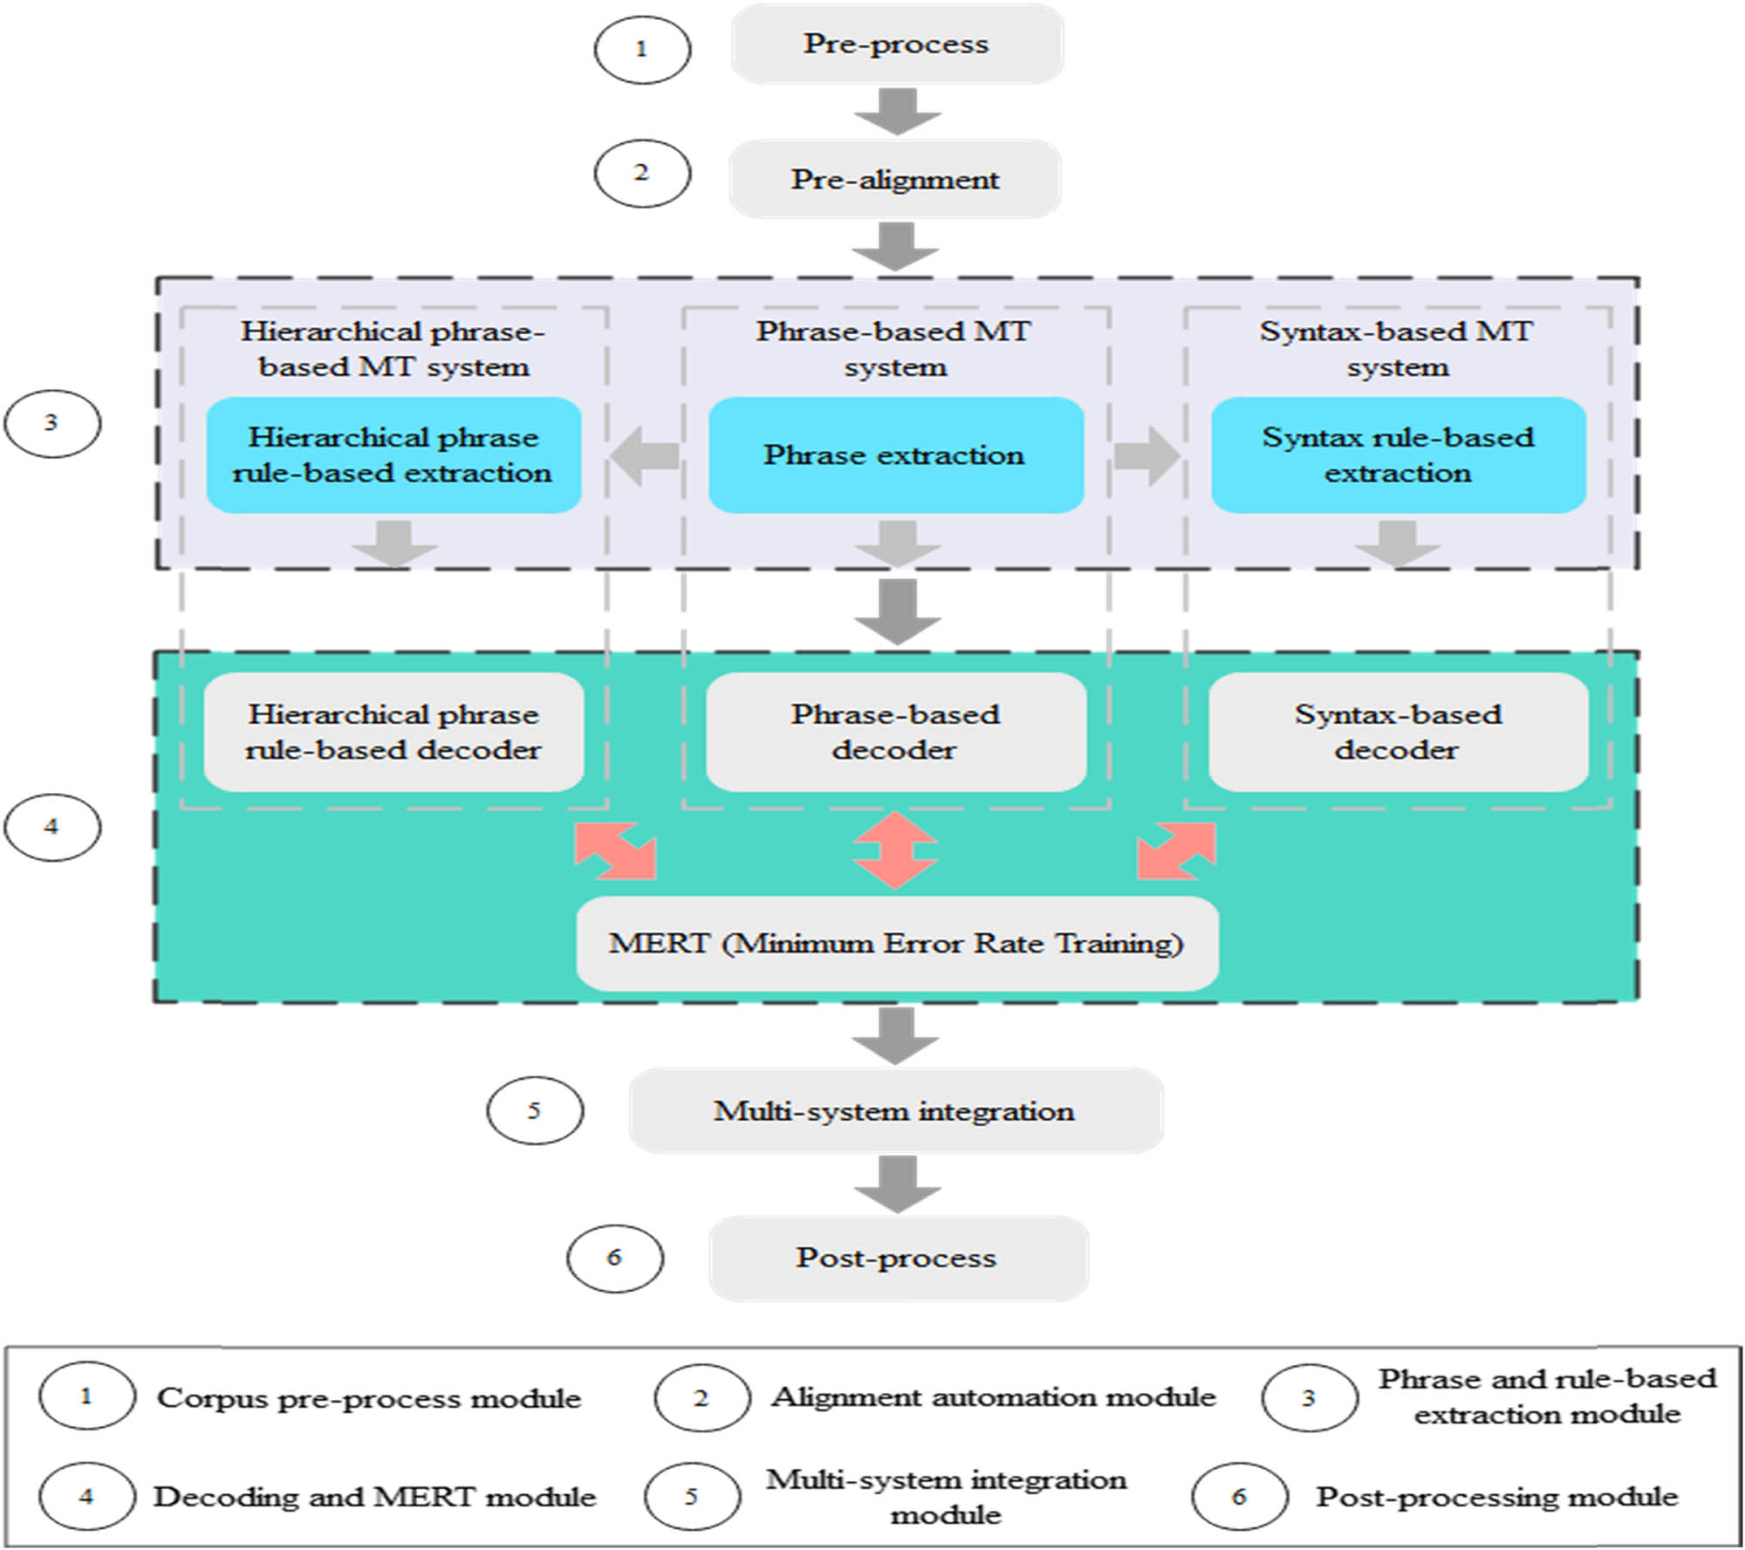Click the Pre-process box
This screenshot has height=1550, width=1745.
[x=897, y=44]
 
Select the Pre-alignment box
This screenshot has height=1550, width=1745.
[x=895, y=180]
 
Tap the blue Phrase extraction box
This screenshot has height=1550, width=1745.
[x=895, y=455]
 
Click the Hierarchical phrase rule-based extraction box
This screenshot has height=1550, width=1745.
[x=393, y=455]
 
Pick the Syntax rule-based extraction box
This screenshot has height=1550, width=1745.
[x=1398, y=455]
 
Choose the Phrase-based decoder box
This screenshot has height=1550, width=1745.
[x=895, y=733]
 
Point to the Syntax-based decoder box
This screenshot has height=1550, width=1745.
[x=1398, y=733]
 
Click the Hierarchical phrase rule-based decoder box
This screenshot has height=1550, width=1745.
[x=393, y=733]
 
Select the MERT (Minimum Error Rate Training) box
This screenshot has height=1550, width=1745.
[x=897, y=944]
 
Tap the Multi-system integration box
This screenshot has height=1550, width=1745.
[x=895, y=1111]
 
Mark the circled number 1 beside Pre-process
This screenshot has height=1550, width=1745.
[x=642, y=49]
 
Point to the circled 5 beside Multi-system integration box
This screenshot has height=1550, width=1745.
[x=535, y=1110]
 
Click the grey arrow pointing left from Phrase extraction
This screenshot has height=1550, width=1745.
[x=645, y=455]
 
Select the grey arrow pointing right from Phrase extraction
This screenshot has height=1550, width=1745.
[x=1146, y=455]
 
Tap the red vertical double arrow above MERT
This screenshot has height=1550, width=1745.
[x=895, y=850]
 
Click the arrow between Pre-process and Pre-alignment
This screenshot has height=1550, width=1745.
[x=897, y=112]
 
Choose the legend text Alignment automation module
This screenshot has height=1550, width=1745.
[x=993, y=1397]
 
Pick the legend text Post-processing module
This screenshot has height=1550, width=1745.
[x=1496, y=1497]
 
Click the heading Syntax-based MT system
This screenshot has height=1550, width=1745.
[x=1397, y=349]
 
